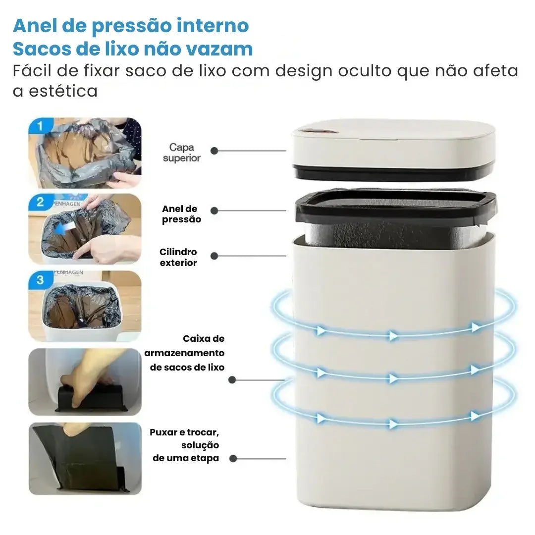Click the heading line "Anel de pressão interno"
tap(131, 25)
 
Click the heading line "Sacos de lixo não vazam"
tap(133, 49)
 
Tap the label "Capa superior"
tap(182, 153)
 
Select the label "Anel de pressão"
tap(181, 214)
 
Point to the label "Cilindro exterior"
tap(178, 258)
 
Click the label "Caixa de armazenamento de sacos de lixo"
tap(184, 353)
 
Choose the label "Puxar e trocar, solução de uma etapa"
tap(185, 445)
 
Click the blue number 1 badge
tap(40, 126)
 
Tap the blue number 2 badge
tap(40, 202)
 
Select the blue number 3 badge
tap(40, 279)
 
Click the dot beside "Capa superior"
tap(214, 151)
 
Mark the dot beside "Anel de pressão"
tap(214, 211)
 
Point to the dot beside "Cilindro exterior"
tap(214, 256)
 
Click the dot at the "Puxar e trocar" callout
tap(233, 459)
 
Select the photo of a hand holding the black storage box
tap(85, 381)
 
